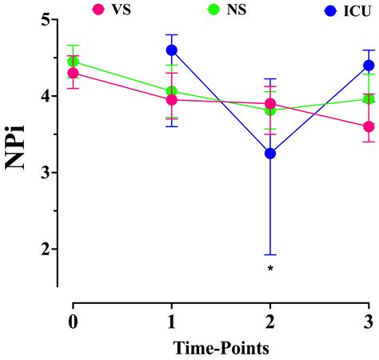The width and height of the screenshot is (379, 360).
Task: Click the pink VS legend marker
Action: [x=99, y=10]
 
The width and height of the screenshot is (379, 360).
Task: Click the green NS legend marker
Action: [x=190, y=10]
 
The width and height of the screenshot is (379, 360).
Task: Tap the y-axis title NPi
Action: [x=19, y=142]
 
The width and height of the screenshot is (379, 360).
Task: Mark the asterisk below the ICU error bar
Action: [x=270, y=269]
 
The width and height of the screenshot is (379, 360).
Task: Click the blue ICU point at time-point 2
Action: [x=270, y=153]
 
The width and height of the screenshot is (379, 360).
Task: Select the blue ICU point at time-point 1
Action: [x=172, y=50]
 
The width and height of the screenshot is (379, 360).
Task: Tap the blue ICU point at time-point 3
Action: [x=369, y=65]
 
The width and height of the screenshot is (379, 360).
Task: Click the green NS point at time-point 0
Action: [x=74, y=61]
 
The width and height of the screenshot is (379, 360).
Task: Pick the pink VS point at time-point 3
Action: [x=369, y=126]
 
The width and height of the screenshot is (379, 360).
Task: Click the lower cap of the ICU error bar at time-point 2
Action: [x=270, y=254]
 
